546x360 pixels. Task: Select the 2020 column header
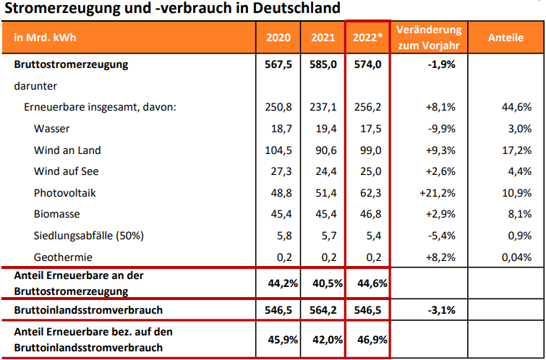278,38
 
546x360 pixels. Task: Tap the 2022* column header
367,38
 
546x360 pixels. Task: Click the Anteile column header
506,38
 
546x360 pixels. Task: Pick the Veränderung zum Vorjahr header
429,38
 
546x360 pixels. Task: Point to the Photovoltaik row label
64,193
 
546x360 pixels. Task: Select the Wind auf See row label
66,171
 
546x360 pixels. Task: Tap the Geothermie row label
62,257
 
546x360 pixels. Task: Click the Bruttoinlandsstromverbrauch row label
87,309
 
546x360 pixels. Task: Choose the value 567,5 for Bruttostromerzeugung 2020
278,64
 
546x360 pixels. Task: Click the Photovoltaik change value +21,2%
437,193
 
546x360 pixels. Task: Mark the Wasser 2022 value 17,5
367,129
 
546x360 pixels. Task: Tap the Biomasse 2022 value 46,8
367,214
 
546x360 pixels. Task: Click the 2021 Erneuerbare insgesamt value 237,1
323,107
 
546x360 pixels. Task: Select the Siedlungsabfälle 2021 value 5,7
323,236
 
